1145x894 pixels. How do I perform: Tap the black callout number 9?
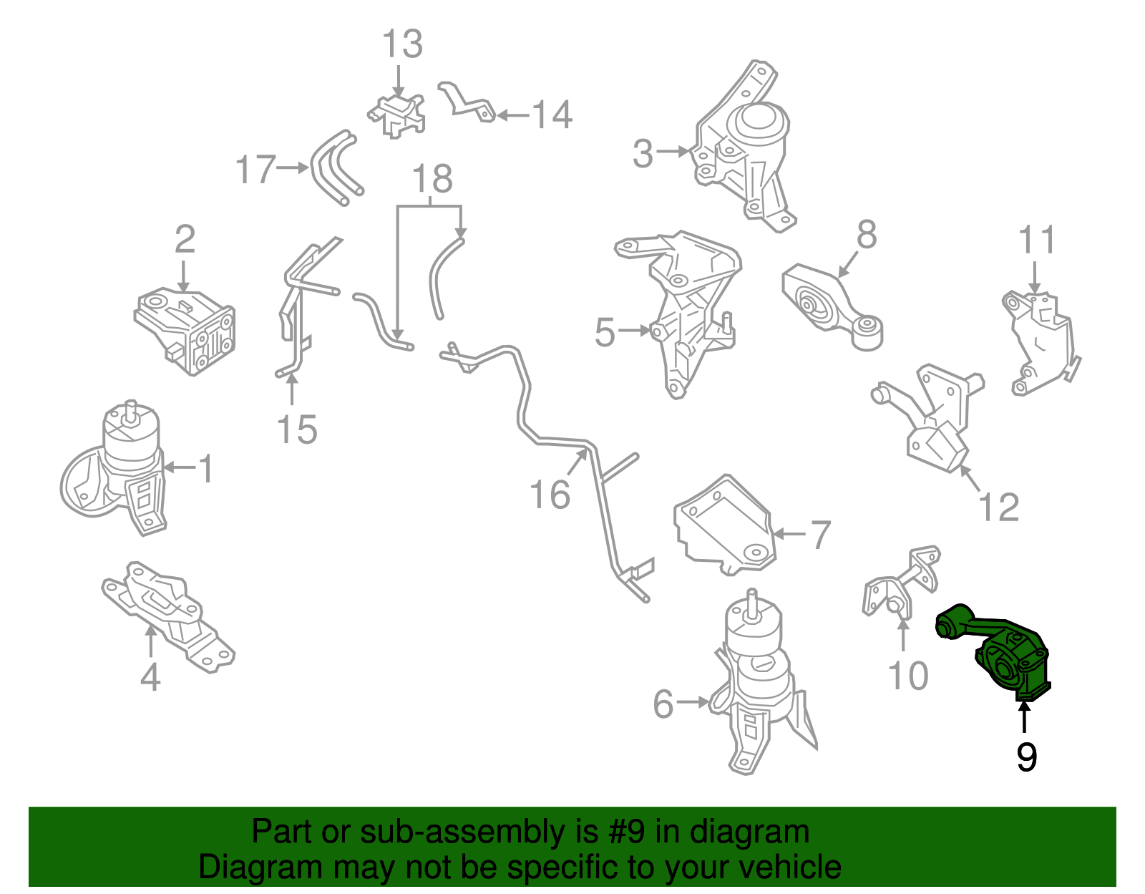(x=1026, y=757)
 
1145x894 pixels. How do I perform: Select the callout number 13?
(x=402, y=44)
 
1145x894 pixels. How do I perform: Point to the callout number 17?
(x=255, y=169)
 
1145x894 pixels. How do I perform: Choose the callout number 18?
(x=432, y=179)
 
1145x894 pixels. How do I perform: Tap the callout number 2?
(x=185, y=239)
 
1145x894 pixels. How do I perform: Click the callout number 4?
(x=150, y=677)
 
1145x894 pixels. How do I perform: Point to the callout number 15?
(x=297, y=429)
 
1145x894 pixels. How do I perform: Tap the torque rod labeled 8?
(x=832, y=306)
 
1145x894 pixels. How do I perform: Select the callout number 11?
(x=1036, y=240)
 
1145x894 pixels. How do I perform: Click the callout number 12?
(x=998, y=507)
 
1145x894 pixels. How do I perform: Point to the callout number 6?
(x=663, y=704)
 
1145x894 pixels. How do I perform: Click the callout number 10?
(x=908, y=676)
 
